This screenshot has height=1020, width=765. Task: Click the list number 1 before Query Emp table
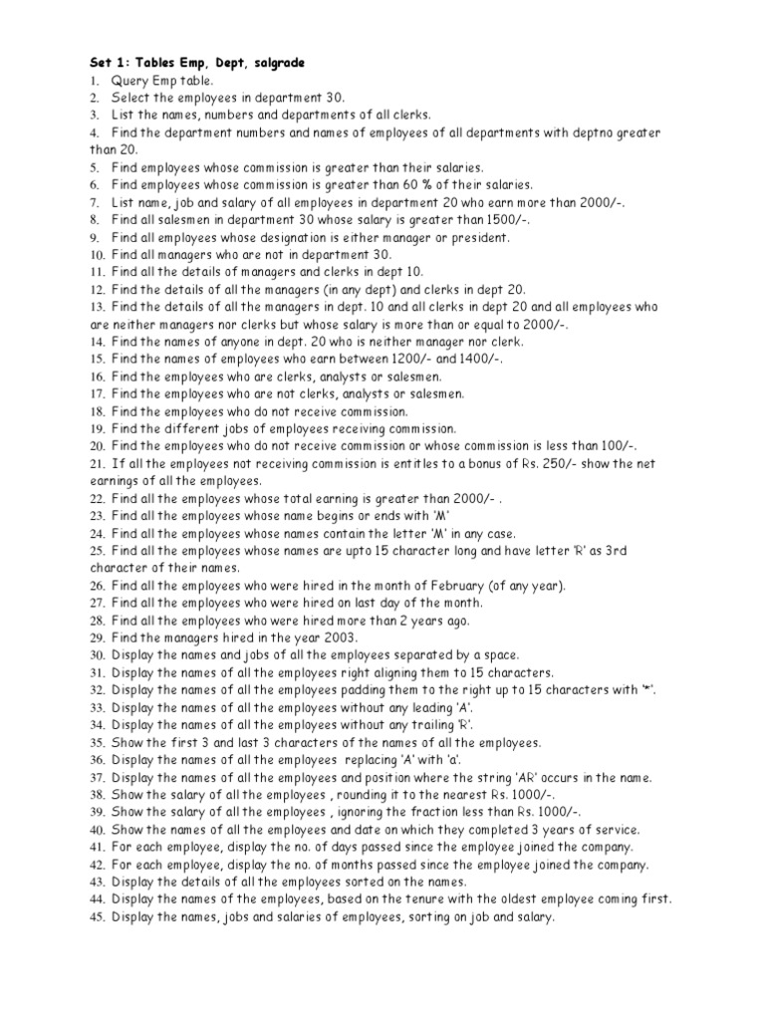pyautogui.click(x=94, y=81)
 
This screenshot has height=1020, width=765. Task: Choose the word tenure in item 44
pyautogui.click(x=409, y=899)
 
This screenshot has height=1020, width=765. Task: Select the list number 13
pyautogui.click(x=97, y=308)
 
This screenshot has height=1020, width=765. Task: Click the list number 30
pyautogui.click(x=97, y=655)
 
